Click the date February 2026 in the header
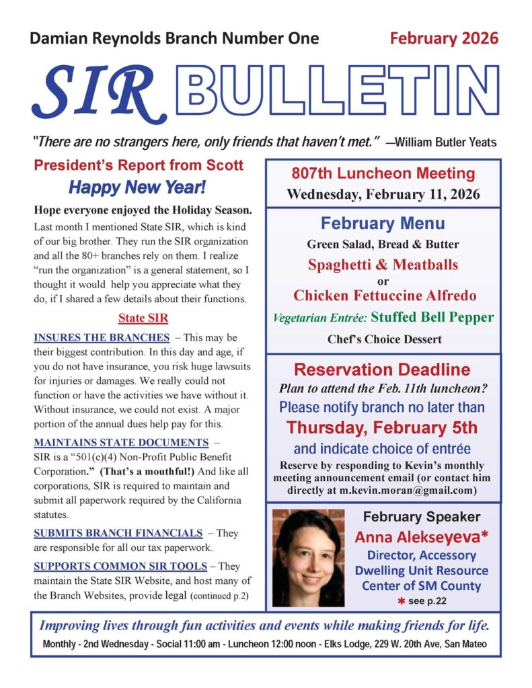445,38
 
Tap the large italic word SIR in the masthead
94,91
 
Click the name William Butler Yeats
445,142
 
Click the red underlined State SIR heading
143,317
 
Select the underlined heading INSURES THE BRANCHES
101,337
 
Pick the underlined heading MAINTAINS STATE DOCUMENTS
121,442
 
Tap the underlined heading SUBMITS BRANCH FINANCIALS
118,533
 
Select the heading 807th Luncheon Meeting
383,173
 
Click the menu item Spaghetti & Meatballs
383,265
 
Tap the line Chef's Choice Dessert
384,339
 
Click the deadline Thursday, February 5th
382,428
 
